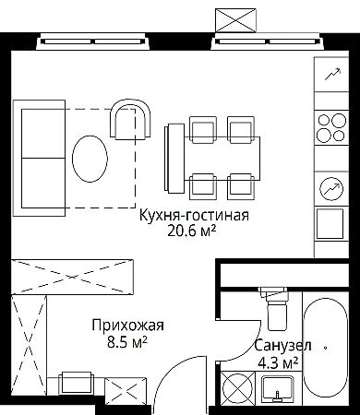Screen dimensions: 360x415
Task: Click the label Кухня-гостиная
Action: point(194,216)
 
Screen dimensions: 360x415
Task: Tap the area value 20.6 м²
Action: point(191,231)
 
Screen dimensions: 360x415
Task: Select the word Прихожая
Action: point(127,326)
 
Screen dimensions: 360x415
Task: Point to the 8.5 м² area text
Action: point(126,342)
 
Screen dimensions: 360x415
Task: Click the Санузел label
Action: point(282,346)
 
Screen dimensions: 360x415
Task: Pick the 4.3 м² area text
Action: point(278,363)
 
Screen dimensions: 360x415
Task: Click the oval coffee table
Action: point(90,159)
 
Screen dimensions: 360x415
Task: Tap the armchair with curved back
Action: point(131,120)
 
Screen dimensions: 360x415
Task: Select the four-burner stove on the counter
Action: point(331,128)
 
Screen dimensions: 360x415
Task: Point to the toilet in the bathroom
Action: point(274,308)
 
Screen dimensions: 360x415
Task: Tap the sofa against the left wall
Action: point(39,159)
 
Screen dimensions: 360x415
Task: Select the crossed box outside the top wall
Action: point(235,20)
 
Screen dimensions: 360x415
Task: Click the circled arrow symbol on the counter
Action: point(331,189)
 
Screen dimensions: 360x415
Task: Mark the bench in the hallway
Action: point(77,383)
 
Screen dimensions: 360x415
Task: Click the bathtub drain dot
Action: point(326,348)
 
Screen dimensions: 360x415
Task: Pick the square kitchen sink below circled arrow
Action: point(330,223)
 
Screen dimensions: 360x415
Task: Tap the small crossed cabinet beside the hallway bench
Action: point(126,389)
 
